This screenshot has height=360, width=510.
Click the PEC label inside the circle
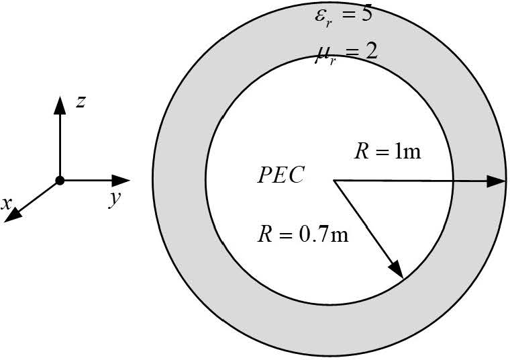[x=281, y=175]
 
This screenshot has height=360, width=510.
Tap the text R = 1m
[x=387, y=151]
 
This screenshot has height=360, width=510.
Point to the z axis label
[x=81, y=102]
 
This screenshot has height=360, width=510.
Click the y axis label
[x=114, y=199]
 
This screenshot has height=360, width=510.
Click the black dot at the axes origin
[x=60, y=180]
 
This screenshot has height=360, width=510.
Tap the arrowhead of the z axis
[x=60, y=103]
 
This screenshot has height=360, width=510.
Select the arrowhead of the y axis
[x=121, y=180]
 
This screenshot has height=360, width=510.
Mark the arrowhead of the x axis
[x=17, y=214]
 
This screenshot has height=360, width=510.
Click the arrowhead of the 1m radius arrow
[x=497, y=180]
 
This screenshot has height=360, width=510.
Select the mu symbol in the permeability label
[x=323, y=54]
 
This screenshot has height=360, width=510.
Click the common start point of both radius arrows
[x=334, y=180]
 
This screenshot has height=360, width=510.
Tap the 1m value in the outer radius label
[x=408, y=151]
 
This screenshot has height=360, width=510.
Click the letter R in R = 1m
[x=360, y=151]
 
